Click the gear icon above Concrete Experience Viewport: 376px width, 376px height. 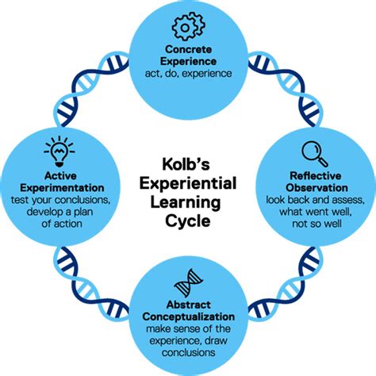tap(186, 29)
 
